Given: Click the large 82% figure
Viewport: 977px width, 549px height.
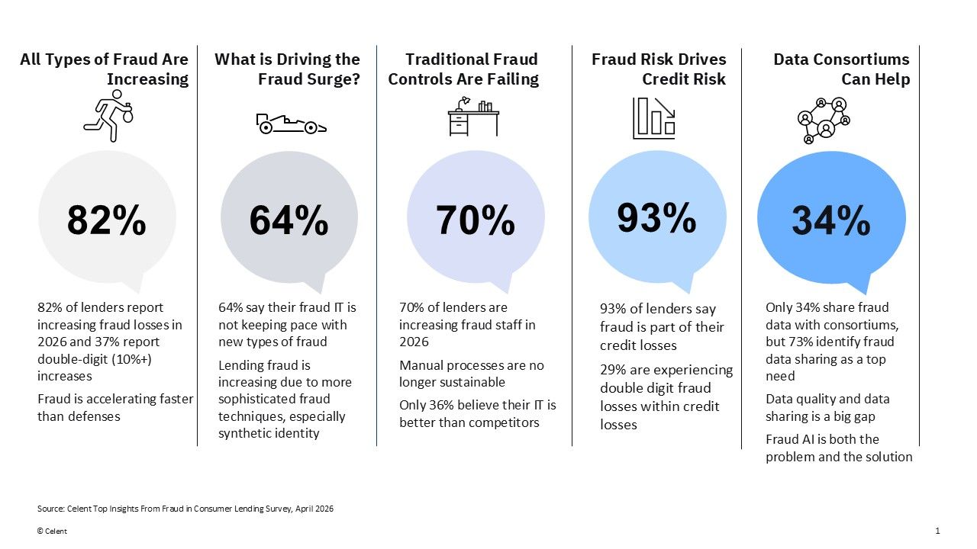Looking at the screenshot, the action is (106, 220).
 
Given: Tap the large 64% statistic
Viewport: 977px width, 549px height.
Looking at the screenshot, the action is (289, 220).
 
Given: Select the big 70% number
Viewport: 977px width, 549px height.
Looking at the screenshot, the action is (476, 220).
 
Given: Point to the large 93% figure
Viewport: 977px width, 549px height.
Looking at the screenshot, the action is (656, 217).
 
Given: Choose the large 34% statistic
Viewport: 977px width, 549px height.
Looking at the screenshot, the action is (831, 220).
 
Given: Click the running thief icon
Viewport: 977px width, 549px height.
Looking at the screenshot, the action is (108, 116).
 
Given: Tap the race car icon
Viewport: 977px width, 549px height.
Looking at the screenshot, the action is (292, 124).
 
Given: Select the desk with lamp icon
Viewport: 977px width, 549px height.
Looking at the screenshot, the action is (473, 117).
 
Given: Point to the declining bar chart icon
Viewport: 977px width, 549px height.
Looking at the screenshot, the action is (654, 118).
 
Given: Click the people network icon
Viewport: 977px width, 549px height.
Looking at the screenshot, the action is (824, 120).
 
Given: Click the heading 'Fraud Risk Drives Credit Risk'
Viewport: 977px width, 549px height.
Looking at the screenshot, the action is (659, 69).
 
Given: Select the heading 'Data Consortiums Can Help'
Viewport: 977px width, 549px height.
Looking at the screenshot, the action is (841, 69).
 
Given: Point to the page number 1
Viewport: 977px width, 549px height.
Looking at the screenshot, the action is (937, 531).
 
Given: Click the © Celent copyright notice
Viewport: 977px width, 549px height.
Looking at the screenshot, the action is (52, 531).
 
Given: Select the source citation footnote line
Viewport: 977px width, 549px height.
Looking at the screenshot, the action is (185, 509).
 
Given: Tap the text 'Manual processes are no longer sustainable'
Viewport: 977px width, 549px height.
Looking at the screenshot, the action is (472, 374).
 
